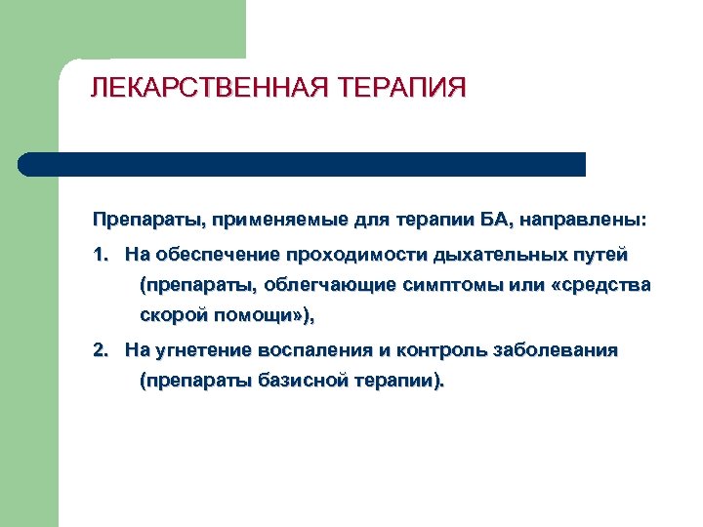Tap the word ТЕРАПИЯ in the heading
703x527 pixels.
point(403,89)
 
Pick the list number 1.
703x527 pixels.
point(100,255)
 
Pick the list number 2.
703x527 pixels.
point(100,349)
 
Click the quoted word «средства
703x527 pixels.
point(600,286)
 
